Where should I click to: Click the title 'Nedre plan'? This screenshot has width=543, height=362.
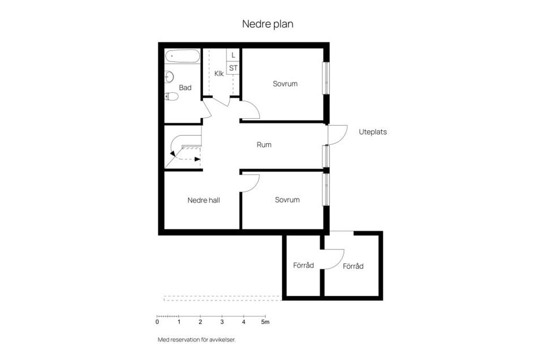tap(268, 24)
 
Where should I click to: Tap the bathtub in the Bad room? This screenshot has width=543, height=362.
tap(182, 56)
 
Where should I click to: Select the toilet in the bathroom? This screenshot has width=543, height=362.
tap(171, 96)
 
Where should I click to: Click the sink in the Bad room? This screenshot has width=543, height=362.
tap(169, 77)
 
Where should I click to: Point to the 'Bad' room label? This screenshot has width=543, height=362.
tap(185, 88)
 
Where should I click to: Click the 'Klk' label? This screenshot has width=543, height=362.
tap(219, 73)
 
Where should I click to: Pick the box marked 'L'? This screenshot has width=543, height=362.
tap(233, 55)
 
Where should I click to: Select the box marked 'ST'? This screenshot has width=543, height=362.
tap(233, 68)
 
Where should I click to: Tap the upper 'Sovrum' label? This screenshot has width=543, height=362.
tap(285, 84)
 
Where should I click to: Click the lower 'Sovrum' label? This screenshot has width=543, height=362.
tap(287, 200)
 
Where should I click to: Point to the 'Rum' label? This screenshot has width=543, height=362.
tap(264, 145)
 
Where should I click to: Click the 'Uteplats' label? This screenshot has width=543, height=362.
tap(373, 132)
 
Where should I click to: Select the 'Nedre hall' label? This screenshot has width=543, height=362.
tap(204, 200)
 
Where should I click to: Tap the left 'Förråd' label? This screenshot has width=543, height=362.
tap(303, 265)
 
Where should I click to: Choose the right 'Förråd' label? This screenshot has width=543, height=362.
tap(353, 266)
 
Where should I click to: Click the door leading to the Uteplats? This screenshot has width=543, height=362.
tap(337, 134)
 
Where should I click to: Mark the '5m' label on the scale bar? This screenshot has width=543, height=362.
tap(265, 322)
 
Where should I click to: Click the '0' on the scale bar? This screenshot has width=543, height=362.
tap(157, 322)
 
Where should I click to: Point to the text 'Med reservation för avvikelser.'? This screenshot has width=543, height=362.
tap(196, 340)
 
